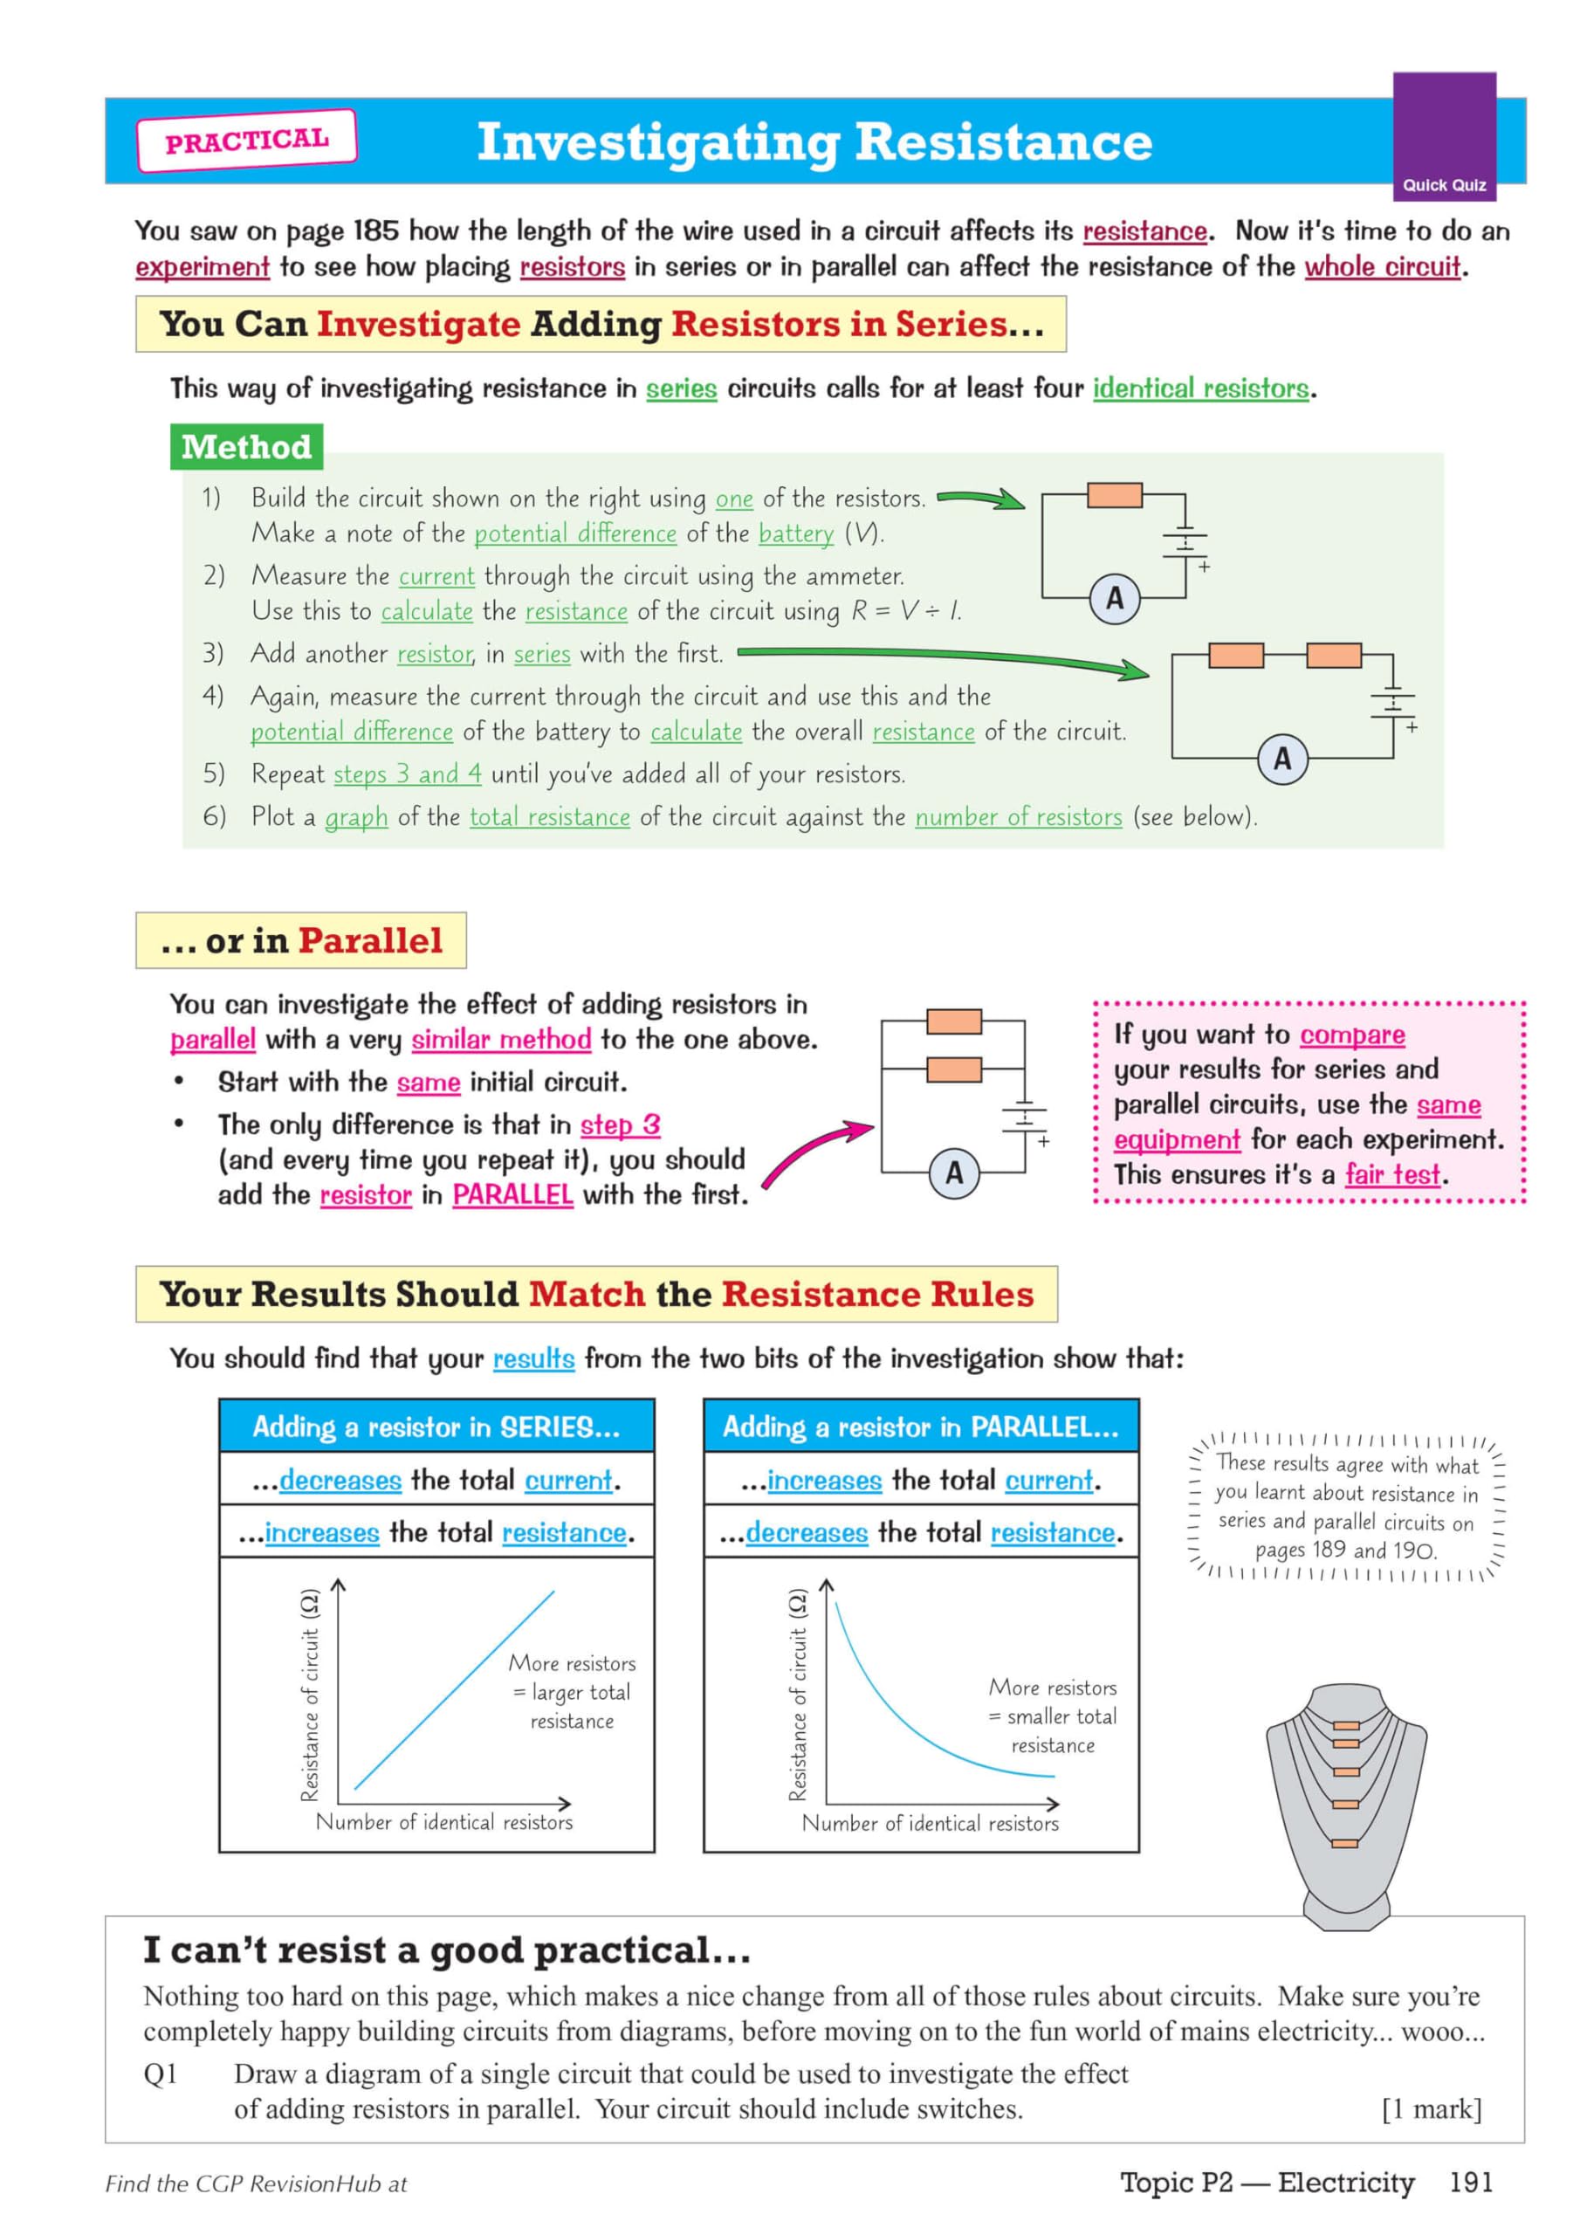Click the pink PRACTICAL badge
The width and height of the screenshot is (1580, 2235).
click(x=246, y=141)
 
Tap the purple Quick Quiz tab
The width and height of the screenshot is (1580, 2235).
click(x=1443, y=136)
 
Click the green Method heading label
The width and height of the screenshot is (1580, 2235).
click(x=246, y=447)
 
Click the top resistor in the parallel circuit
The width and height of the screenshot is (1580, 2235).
click(x=953, y=1021)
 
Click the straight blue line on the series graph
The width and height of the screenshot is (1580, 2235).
click(x=454, y=1691)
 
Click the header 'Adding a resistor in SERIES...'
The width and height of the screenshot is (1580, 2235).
click(x=436, y=1427)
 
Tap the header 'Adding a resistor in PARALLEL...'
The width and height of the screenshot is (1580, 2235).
click(x=920, y=1427)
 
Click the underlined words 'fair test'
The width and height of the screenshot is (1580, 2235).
click(x=1391, y=1175)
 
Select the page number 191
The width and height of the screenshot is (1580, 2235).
click(x=1470, y=2183)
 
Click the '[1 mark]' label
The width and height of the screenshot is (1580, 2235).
click(x=1431, y=2109)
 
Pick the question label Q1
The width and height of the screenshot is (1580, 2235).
click(x=161, y=2073)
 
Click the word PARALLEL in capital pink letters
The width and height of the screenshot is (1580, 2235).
click(x=512, y=1194)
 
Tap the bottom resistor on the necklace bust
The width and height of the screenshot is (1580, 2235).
click(x=1344, y=1844)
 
